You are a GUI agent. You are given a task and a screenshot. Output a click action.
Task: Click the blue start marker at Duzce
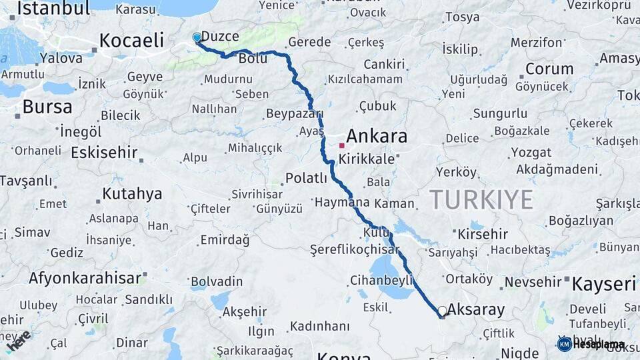click(x=197, y=38)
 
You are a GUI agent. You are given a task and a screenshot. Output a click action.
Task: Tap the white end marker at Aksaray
click(x=442, y=311)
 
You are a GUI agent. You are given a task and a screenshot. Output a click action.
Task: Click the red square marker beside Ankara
click(x=342, y=145)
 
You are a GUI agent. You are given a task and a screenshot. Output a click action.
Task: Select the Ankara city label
click(x=377, y=137)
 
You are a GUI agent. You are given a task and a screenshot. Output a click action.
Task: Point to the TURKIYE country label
click(x=481, y=199)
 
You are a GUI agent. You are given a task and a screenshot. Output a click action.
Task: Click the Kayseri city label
click(x=604, y=284)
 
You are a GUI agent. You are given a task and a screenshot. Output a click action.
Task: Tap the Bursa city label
click(x=47, y=107)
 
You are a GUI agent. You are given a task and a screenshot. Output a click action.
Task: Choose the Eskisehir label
click(x=103, y=152)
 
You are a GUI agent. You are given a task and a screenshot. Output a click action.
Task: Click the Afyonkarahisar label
click(x=85, y=278)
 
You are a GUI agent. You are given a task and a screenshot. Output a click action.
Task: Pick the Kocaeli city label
click(x=132, y=41)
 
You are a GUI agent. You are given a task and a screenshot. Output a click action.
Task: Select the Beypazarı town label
click(x=294, y=114)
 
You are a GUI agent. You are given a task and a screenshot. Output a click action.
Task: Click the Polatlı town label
click(x=306, y=178)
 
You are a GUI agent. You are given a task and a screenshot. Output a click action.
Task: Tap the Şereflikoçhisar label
click(x=354, y=249)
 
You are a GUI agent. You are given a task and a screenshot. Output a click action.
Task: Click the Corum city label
click(x=549, y=69)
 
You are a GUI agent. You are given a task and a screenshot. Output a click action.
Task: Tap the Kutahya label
click(x=132, y=194)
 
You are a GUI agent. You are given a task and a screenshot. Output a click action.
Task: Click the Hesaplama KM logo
click(x=591, y=344)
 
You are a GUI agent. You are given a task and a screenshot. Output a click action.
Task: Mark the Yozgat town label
click(x=531, y=153)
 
